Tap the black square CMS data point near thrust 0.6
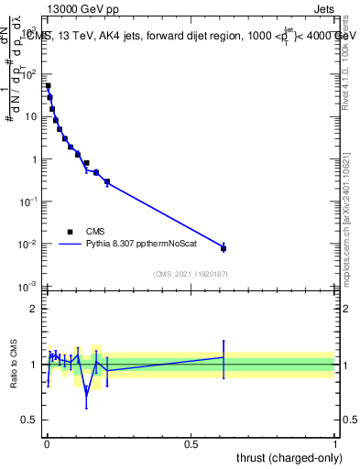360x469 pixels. click(224, 248)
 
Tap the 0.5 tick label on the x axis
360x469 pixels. click(191, 444)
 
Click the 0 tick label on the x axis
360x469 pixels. click(47, 444)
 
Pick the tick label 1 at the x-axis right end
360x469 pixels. click(335, 444)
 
